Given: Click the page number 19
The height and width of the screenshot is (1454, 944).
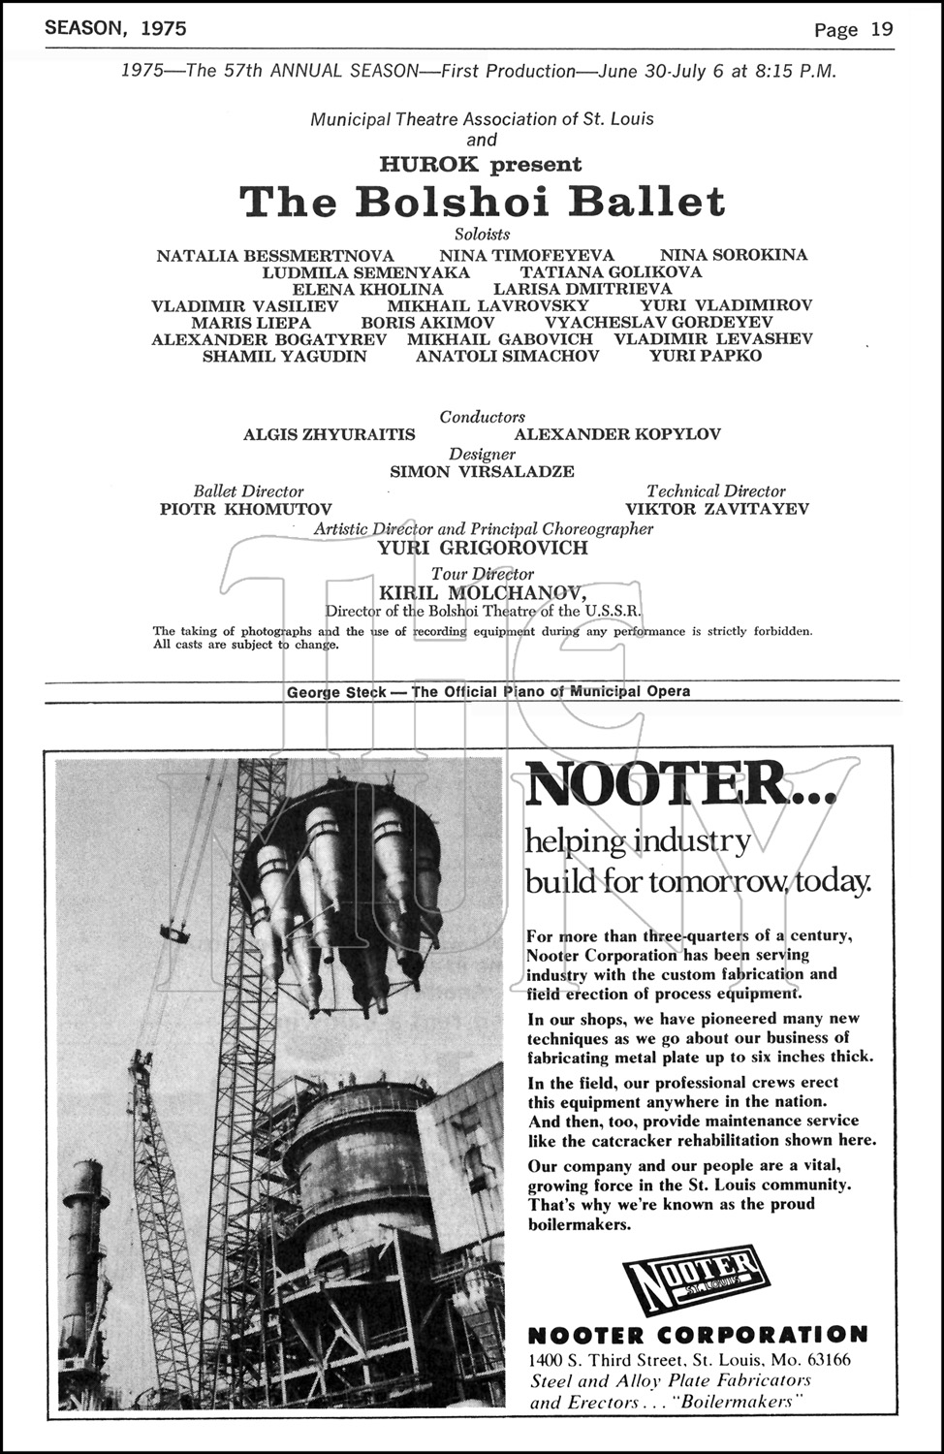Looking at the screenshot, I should point(881,29).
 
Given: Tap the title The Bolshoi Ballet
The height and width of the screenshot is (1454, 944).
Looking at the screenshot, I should point(482,202).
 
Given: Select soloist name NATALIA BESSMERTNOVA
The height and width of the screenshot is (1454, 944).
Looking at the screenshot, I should point(275,256).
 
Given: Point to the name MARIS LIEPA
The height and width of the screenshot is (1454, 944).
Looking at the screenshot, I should point(251,323).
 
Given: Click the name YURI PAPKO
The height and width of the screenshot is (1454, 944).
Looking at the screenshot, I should point(706,356).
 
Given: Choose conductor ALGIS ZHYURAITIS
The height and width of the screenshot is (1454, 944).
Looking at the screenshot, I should point(329,434).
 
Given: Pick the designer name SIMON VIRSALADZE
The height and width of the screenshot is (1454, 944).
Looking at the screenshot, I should point(482,472).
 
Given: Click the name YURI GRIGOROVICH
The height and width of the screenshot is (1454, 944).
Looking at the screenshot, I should point(483,548).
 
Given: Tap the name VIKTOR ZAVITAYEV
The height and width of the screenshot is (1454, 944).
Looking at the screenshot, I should point(716,509).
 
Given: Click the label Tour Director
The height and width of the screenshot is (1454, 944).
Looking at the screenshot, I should point(483,574).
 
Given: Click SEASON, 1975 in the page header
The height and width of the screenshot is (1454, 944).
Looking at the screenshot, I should point(115,28).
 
